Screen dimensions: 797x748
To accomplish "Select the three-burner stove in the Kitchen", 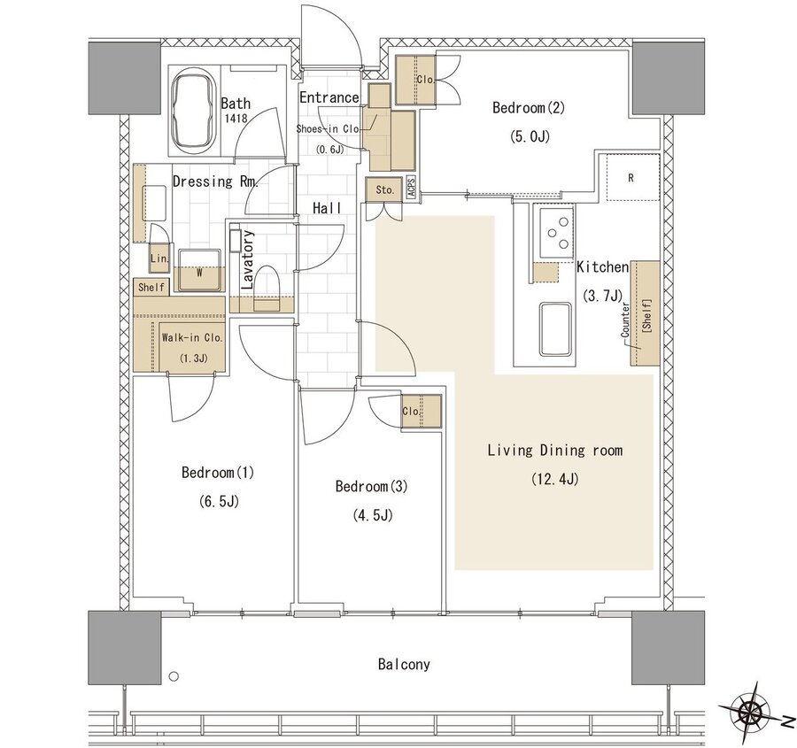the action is [557, 233].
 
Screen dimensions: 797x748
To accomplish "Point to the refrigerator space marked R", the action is [631, 177].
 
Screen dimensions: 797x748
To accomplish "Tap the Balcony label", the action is [404, 664].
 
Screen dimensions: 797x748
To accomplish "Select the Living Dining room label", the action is [554, 451].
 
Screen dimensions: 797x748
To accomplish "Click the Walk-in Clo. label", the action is [192, 337].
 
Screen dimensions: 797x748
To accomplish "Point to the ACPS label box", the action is [411, 189].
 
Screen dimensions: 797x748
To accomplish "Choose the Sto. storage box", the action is [384, 189].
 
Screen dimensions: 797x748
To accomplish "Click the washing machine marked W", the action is [199, 270].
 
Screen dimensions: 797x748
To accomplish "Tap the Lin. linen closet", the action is [159, 258].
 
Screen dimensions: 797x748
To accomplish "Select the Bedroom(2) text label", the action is [529, 108].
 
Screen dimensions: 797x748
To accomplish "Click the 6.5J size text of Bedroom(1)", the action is [219, 502].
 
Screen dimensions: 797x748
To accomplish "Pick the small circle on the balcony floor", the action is [174, 676].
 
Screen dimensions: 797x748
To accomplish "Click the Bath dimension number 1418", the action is [236, 119].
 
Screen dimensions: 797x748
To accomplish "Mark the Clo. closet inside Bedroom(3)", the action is [421, 412].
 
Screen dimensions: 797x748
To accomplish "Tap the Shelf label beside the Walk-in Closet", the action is [151, 287].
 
